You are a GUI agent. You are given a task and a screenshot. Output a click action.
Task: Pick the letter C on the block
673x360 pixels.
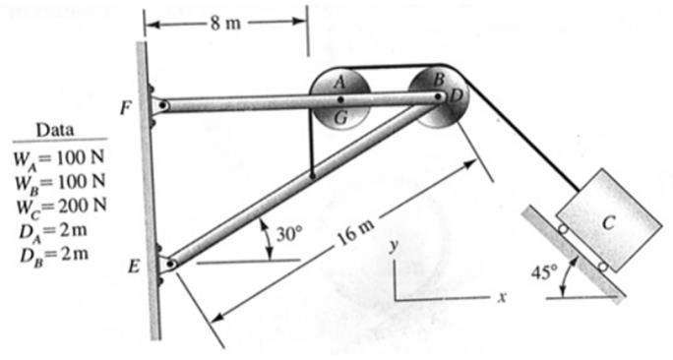point(608,224)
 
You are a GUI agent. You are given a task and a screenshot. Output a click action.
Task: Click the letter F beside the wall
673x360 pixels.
point(125,108)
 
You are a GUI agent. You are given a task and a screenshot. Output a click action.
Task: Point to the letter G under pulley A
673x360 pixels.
point(340,117)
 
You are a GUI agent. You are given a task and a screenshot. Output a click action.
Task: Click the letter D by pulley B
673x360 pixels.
point(455,94)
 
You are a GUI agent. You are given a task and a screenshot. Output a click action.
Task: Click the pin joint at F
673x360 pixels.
point(162,105)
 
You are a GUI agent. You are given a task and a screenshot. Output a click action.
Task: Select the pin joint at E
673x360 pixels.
point(171,263)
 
